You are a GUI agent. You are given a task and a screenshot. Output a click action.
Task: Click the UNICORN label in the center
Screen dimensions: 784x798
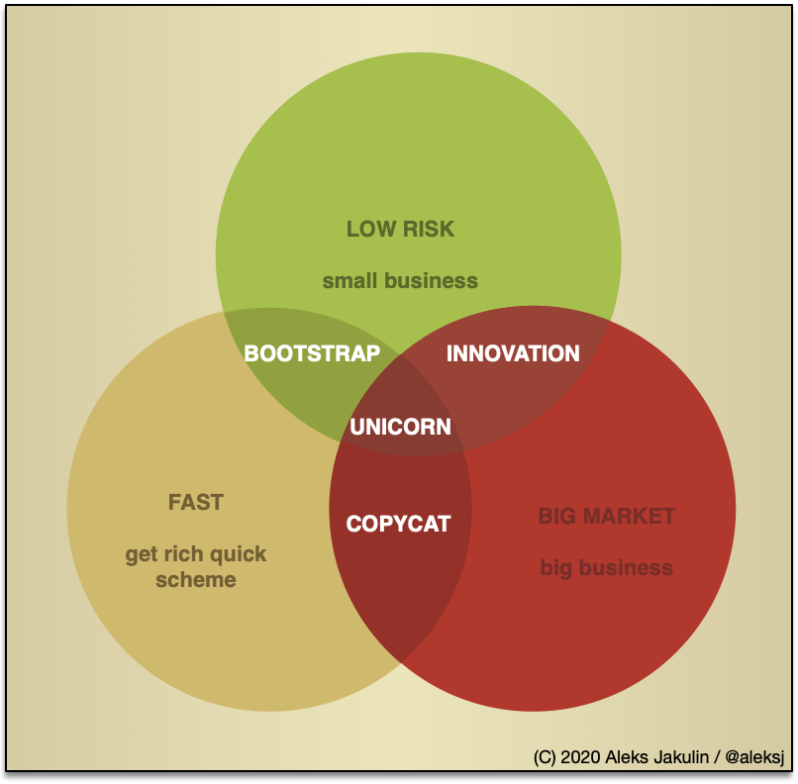[400, 428]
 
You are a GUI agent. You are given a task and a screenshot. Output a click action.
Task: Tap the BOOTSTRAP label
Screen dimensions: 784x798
[312, 353]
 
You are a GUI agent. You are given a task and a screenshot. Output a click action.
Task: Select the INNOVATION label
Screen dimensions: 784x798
[513, 353]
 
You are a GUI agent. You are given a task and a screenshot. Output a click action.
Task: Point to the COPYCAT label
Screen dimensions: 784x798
[398, 525]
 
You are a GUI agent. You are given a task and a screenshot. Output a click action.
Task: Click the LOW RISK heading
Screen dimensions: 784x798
[400, 230]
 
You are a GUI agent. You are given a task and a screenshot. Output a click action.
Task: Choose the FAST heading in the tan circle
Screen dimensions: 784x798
[196, 503]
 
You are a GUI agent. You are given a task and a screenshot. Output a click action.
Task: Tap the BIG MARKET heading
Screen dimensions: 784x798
[606, 517]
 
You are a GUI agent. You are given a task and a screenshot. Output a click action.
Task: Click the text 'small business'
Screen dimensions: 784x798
[400, 281]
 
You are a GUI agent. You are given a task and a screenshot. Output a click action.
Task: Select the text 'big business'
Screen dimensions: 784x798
[606, 568]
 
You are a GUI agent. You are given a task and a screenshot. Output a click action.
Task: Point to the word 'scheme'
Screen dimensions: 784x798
[196, 579]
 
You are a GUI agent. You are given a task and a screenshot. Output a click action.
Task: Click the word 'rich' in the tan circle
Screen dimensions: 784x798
[188, 554]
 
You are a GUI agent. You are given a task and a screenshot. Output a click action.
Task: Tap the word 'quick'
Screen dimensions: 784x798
[241, 554]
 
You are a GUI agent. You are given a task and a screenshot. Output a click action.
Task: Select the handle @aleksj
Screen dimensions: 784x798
[754, 757]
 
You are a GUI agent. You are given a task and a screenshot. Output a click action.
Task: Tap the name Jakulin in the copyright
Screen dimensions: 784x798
[678, 757]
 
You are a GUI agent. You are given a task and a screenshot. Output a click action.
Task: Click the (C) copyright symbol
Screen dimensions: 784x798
[545, 757]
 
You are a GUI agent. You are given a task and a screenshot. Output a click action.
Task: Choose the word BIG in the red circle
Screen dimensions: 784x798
[557, 517]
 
